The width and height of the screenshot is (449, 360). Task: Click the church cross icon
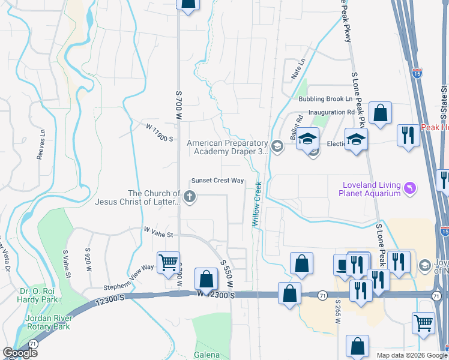click(x=190, y=197)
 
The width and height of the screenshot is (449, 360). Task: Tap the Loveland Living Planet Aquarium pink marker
click(x=410, y=188)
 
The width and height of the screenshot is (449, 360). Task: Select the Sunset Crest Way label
click(x=217, y=181)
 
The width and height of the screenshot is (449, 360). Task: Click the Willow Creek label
click(x=256, y=204)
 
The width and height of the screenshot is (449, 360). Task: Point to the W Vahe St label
click(x=158, y=230)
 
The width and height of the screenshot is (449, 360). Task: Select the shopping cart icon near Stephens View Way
click(x=168, y=262)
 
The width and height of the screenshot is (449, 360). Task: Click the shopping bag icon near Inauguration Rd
click(x=380, y=112)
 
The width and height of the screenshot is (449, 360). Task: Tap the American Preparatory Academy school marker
click(x=277, y=146)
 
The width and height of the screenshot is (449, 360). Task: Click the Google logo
click(x=19, y=353)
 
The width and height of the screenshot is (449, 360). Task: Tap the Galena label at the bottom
click(x=206, y=355)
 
